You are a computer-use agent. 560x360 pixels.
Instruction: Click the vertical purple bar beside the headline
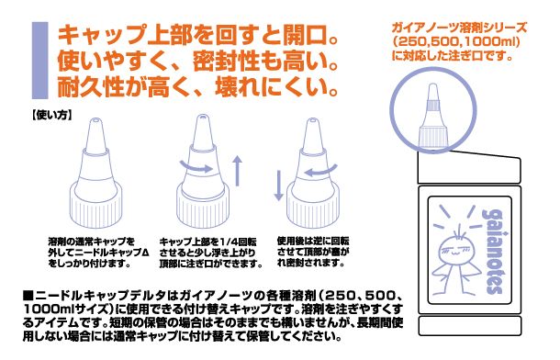tap(39, 61)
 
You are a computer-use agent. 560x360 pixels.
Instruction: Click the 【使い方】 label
tap(51, 115)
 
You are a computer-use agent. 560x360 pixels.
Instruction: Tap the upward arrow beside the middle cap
tap(237, 171)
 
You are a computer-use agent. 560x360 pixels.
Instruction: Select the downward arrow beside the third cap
tap(278, 186)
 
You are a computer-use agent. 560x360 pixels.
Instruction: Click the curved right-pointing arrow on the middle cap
tap(196, 167)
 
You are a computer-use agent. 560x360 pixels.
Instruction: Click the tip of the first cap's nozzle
tap(95, 120)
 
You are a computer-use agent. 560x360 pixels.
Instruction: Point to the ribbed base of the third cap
tap(313, 210)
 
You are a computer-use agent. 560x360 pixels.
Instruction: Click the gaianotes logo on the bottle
tap(494, 251)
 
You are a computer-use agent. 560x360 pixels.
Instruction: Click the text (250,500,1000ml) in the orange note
tap(455, 42)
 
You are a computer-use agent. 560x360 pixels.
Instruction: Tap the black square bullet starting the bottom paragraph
tap(28, 296)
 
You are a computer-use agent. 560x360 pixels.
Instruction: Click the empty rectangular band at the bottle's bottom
tap(469, 326)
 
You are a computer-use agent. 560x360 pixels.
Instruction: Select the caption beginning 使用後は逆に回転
tap(313, 253)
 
